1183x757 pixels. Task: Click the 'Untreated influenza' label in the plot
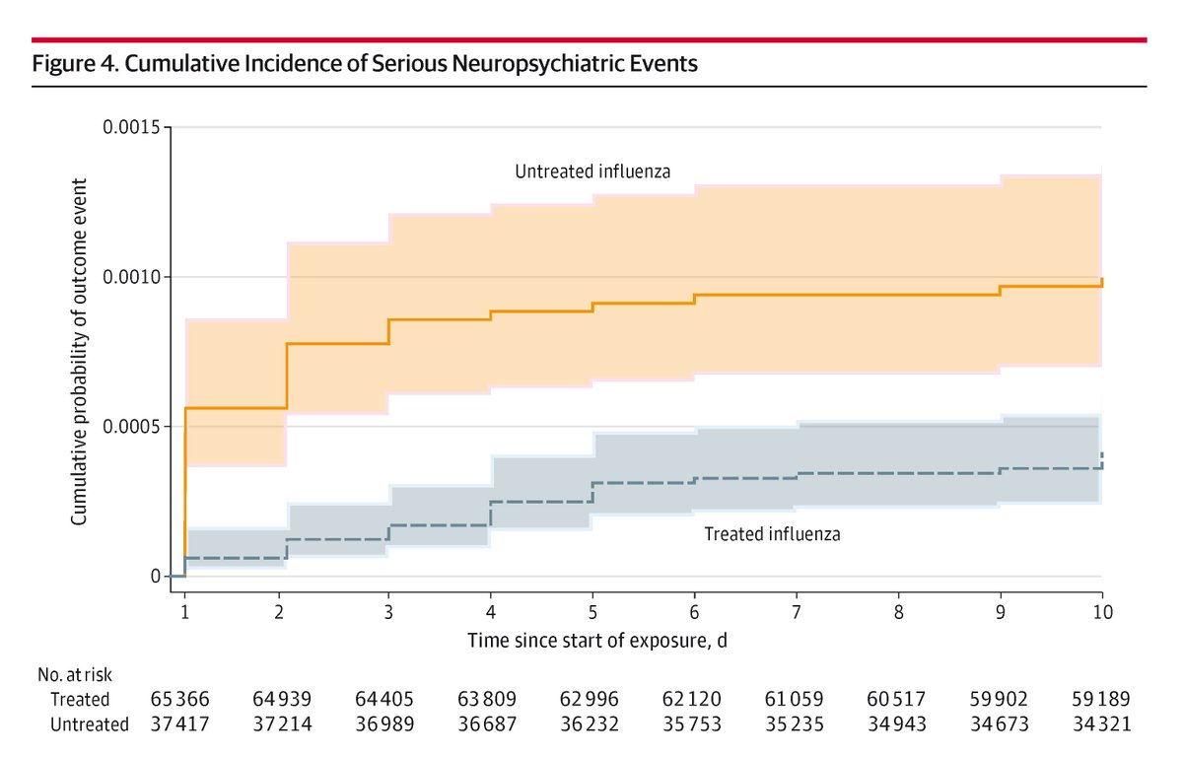(592, 172)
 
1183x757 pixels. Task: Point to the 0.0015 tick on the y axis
(133, 127)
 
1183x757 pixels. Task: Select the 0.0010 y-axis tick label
(133, 277)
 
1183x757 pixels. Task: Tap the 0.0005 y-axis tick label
(133, 427)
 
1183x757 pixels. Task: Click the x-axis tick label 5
(593, 612)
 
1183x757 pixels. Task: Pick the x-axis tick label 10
(1102, 612)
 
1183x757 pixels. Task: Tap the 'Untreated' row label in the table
(90, 724)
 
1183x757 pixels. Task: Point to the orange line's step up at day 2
(287, 376)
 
